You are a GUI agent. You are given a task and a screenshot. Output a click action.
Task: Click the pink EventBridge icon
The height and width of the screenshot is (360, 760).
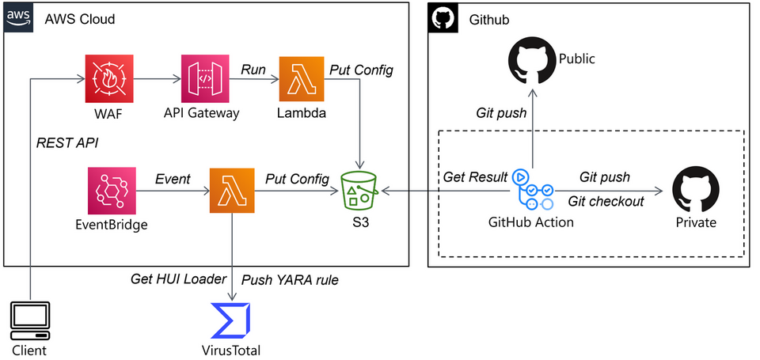112,191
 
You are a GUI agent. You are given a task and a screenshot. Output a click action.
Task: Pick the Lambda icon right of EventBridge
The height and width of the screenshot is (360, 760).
232,191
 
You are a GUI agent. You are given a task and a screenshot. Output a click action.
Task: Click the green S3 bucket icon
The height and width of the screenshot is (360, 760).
359,190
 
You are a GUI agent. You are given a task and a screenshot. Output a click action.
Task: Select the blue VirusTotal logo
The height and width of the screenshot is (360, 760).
230,320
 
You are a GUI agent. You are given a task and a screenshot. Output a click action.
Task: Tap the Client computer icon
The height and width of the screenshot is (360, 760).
30,320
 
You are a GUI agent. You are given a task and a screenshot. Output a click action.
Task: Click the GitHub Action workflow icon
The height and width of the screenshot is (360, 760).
533,189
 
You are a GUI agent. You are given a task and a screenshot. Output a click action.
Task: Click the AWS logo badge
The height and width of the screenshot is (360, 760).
18,18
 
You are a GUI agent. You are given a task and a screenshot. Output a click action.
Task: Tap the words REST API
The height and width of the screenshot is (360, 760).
67,143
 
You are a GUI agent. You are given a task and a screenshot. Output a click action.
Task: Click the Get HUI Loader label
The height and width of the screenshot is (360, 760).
178,279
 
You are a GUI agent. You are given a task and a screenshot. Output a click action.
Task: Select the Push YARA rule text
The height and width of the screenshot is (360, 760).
290,279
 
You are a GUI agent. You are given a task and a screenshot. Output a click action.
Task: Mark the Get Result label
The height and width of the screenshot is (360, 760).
475,177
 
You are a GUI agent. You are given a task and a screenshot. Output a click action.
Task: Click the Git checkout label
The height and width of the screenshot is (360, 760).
606,201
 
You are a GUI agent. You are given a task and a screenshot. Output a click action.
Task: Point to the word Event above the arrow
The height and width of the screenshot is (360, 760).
173,179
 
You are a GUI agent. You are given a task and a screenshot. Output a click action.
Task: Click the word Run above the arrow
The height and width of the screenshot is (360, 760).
253,70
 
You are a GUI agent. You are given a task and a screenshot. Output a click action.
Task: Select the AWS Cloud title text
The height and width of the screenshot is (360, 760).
80,19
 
